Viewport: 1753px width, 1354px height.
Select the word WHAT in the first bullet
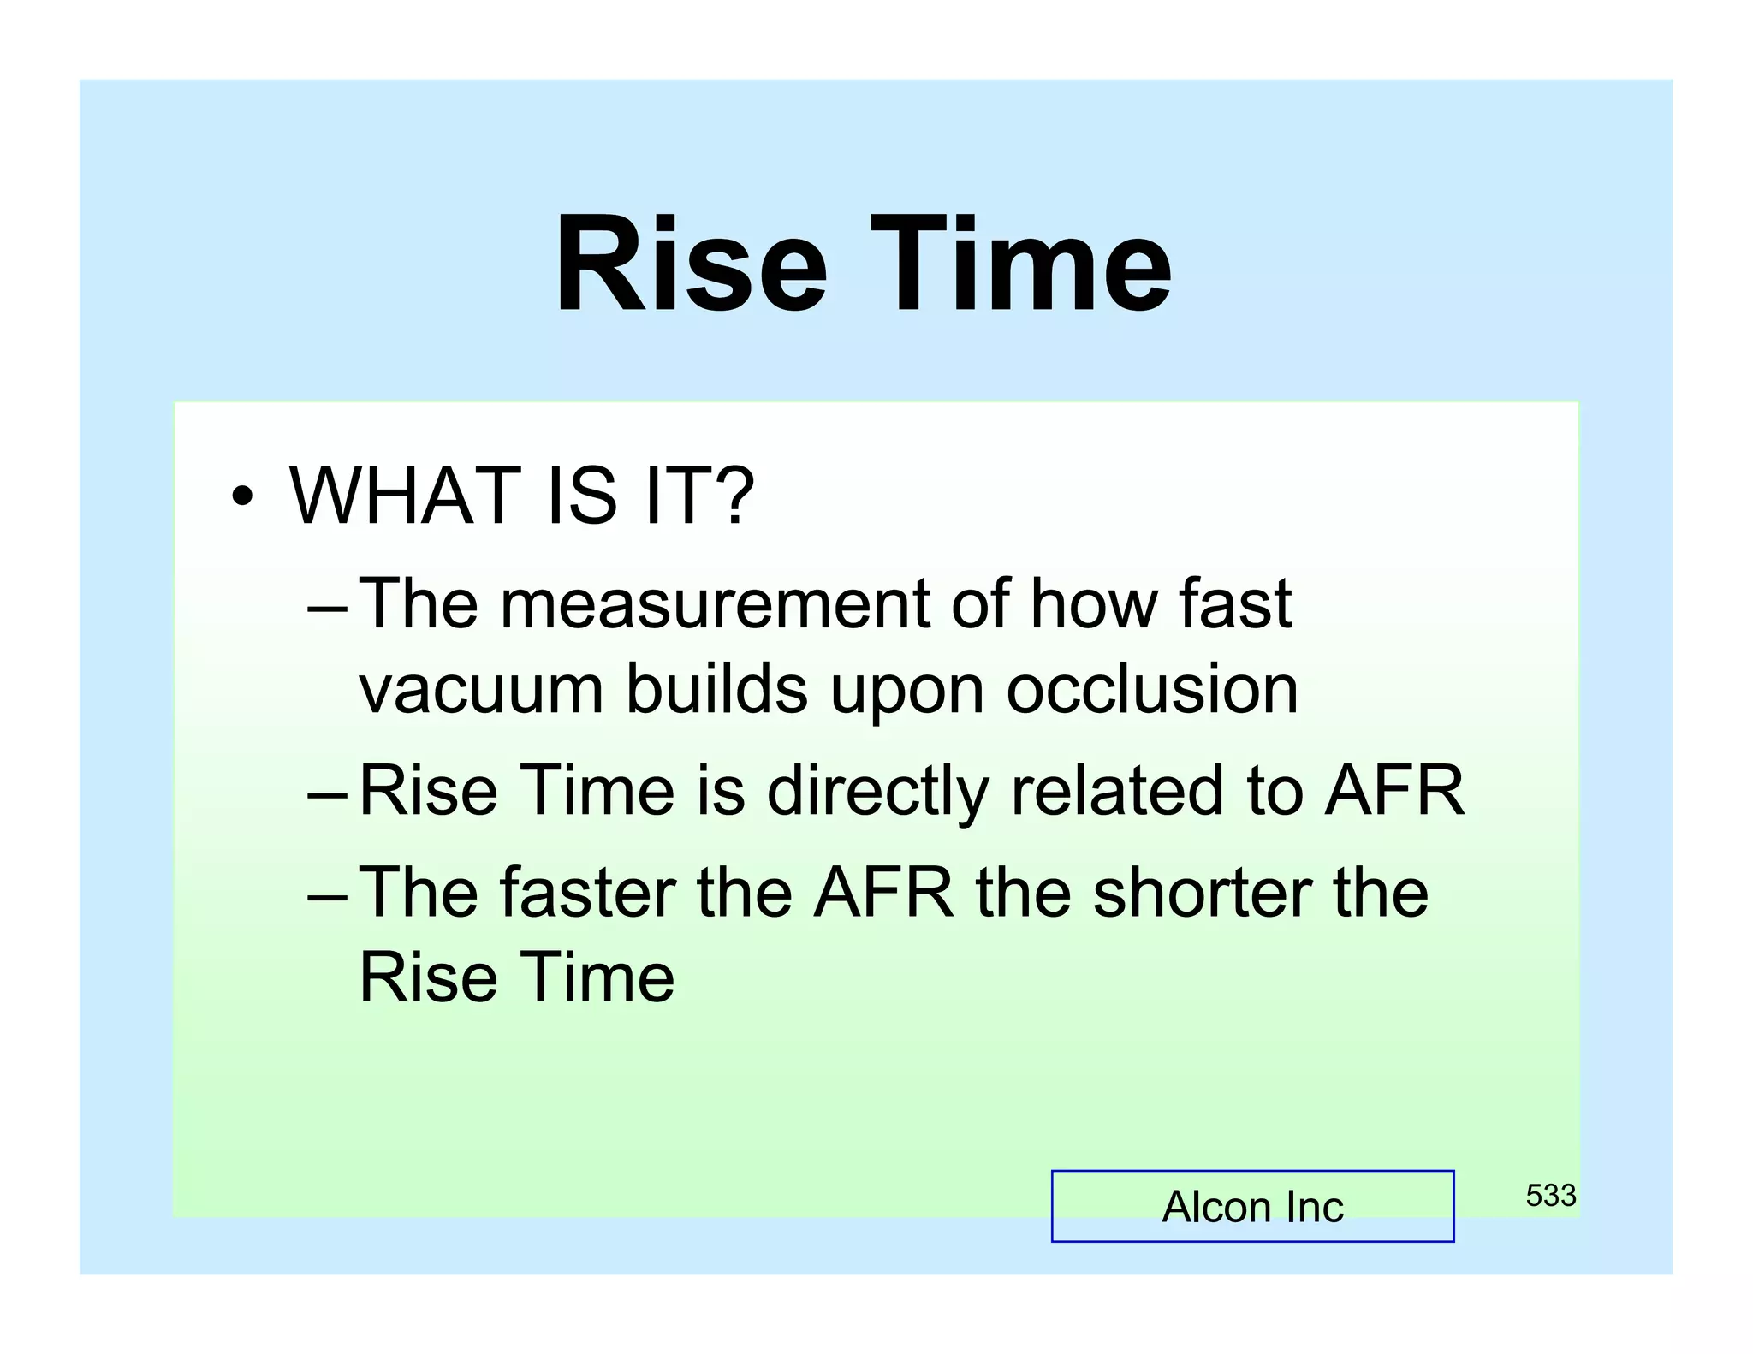pos(405,496)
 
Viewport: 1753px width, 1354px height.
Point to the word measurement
pos(714,604)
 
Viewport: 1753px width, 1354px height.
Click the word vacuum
pos(481,690)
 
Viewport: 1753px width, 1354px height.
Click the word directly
pos(876,791)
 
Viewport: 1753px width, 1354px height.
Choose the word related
pos(1117,791)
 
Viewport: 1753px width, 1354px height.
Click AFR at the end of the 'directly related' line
pos(1394,791)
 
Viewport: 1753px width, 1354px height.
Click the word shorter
pos(1202,893)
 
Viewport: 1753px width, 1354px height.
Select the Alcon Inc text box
pos(1251,1206)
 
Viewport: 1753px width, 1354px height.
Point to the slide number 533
pos(1550,1195)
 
